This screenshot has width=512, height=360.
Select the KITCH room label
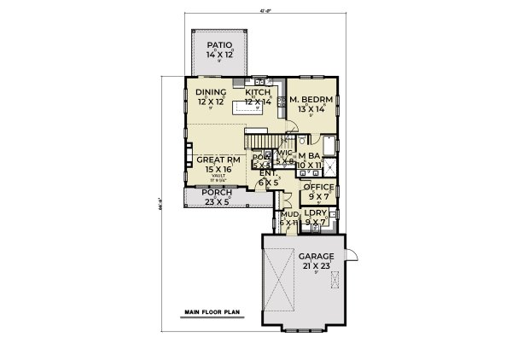[258, 92]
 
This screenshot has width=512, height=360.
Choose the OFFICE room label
[320, 187]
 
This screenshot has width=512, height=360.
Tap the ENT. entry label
[268, 172]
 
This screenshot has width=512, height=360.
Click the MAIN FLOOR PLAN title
[209, 313]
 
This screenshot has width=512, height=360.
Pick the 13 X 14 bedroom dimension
[311, 108]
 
